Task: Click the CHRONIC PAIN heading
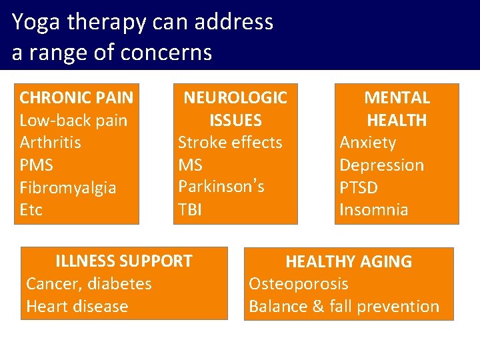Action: pos(77,98)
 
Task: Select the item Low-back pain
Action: pos(73,121)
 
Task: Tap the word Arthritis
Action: pos(51,143)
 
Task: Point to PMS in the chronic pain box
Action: pos(36,165)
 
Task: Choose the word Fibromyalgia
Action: pos(68,188)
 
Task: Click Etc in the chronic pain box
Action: pos(31,210)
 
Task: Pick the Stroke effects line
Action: pos(230,143)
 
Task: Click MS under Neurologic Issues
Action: pos(190,165)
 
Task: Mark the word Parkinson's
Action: pos(221,187)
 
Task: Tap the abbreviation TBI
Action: pos(190,210)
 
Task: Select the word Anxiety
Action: pos(368,143)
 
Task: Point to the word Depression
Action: pos(382,165)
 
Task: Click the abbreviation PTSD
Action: pos(359,187)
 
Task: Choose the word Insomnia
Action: pos(374,210)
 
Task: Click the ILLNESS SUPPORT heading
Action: pos(124,261)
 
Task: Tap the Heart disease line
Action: pos(77,307)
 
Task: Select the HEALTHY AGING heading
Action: pos(349,262)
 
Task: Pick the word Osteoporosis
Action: pos(299,284)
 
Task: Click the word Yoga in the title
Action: pos(35,23)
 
